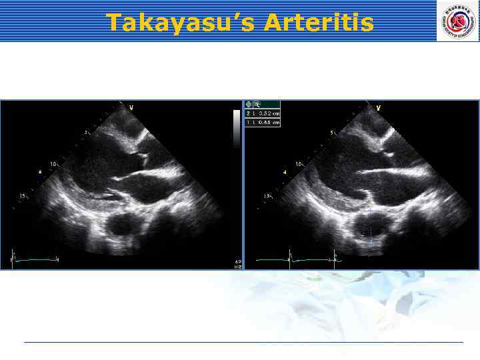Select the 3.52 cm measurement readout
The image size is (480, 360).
point(263,113)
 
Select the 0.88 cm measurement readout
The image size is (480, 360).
point(263,123)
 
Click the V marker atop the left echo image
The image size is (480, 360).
point(131,107)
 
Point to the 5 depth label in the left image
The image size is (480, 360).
point(86,133)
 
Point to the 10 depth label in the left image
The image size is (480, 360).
point(54,163)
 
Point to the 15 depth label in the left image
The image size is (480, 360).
point(23,196)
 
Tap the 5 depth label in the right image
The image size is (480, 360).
point(333,133)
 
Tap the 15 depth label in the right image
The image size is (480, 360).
point(268,196)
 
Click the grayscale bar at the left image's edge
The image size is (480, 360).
point(236,128)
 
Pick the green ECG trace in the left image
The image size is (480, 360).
point(37,259)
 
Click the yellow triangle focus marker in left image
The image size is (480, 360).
point(41,171)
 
